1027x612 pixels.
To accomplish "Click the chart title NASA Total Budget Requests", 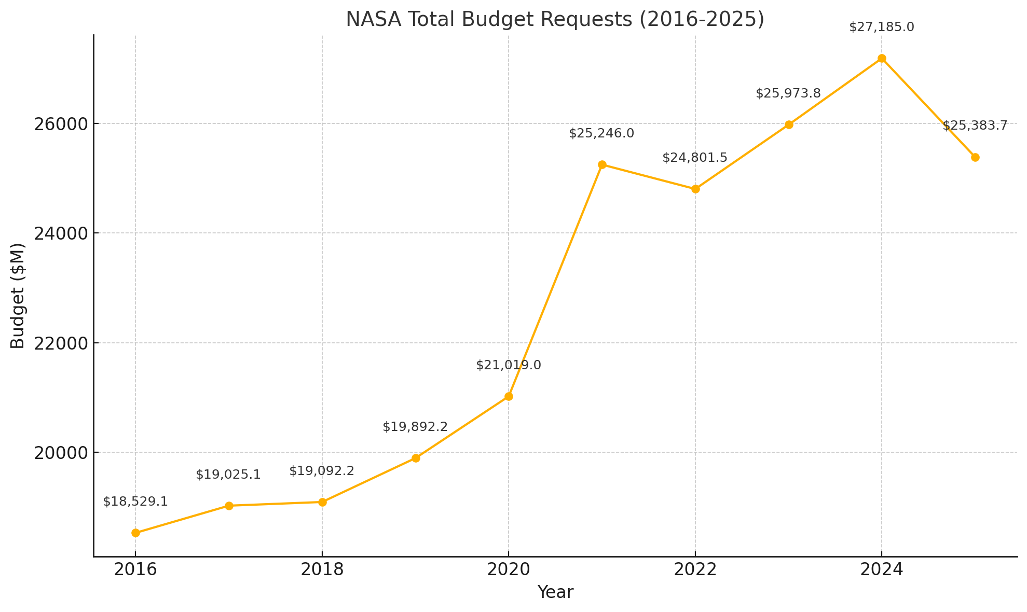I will point(555,20).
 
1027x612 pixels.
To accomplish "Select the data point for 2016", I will point(135,533).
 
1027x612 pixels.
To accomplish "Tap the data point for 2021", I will point(602,164).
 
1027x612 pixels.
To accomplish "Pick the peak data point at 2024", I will point(882,58).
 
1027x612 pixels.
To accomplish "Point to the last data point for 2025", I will point(975,157).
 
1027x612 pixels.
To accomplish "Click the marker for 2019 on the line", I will point(416,458).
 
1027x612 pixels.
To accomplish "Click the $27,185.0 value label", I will point(882,27).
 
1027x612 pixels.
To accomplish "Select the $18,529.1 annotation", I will point(135,502).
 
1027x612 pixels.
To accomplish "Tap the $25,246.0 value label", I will point(601,133).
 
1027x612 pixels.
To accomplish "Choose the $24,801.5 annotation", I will point(695,158).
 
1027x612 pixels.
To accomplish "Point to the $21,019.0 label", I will point(509,365).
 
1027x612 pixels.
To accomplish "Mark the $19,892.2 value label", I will point(415,427).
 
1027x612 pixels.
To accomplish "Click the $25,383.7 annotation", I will point(975,126).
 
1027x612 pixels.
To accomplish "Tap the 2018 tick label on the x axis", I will point(322,569).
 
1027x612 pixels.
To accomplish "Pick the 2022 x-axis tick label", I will point(695,569).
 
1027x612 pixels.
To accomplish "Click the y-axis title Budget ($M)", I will point(18,296).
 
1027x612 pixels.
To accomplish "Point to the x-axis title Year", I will point(555,592).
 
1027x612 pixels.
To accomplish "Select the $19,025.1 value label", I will point(228,475).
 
